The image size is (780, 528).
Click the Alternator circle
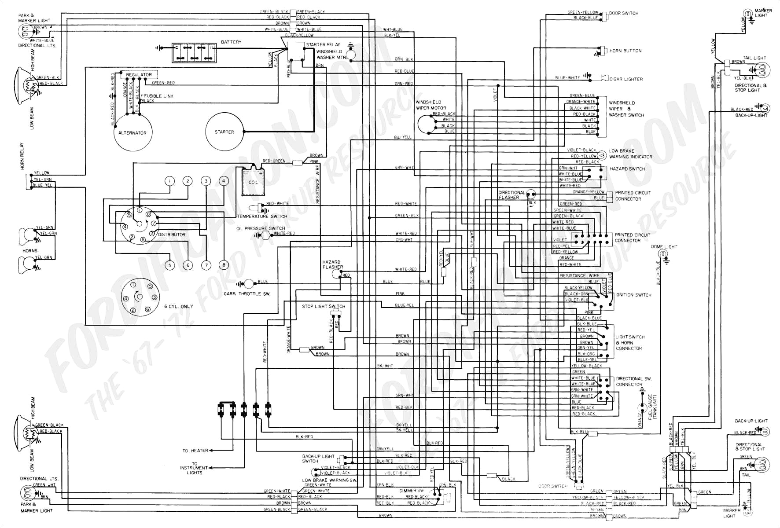click(x=132, y=132)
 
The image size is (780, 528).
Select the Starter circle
click(x=224, y=132)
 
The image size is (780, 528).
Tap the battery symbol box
click(x=194, y=53)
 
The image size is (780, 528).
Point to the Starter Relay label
click(x=323, y=44)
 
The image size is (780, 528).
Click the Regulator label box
click(x=139, y=75)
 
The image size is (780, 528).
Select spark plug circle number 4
click(x=224, y=181)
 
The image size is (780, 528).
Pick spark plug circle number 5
click(x=170, y=265)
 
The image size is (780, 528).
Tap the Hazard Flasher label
click(x=332, y=264)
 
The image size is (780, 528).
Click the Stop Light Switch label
click(x=324, y=306)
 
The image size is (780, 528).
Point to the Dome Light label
click(x=664, y=247)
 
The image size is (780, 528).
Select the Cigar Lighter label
click(x=626, y=79)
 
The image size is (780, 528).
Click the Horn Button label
click(x=625, y=51)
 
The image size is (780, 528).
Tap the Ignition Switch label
click(x=633, y=295)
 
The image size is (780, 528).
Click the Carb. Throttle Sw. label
click(x=247, y=293)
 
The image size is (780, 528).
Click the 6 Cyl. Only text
click(x=179, y=306)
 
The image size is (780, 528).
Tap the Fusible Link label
click(x=159, y=96)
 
